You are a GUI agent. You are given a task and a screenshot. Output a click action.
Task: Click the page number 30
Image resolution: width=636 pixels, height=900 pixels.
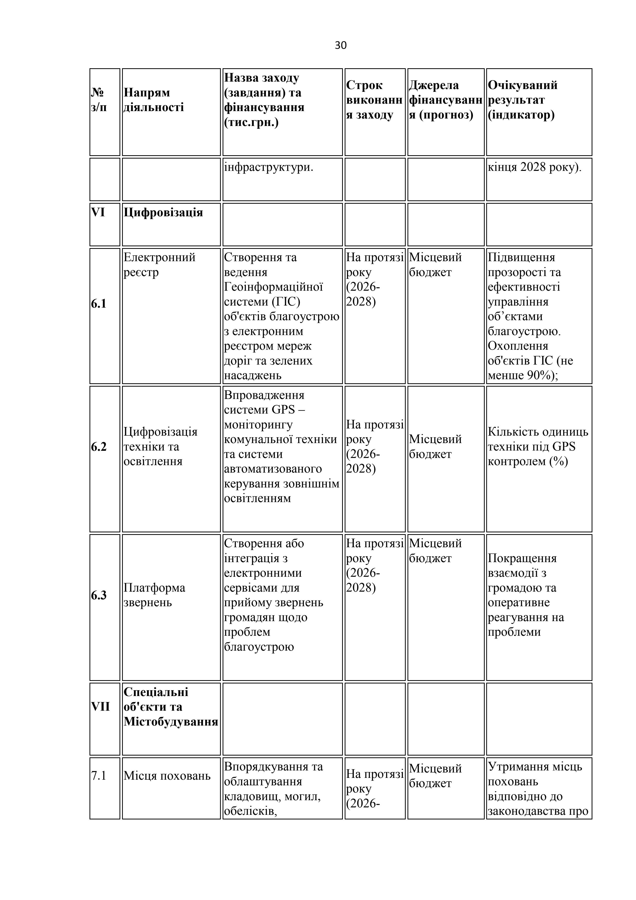click(341, 45)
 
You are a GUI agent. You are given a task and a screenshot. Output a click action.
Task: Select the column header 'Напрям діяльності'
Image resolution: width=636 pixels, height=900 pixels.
click(154, 100)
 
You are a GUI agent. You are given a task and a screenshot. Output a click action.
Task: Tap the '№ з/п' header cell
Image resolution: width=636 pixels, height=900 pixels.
click(99, 100)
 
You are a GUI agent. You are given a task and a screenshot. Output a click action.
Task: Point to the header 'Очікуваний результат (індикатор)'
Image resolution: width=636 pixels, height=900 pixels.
click(522, 100)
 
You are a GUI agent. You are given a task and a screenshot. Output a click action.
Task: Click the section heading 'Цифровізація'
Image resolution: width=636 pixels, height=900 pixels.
click(163, 212)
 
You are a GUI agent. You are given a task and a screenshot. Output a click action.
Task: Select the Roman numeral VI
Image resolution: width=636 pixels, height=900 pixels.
click(98, 212)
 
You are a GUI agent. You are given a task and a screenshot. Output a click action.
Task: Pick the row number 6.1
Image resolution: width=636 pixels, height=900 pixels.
click(99, 304)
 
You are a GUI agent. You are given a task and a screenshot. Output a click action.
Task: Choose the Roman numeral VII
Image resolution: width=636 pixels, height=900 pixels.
click(100, 707)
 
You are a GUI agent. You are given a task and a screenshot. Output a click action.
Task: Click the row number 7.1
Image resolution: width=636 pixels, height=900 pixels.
click(98, 775)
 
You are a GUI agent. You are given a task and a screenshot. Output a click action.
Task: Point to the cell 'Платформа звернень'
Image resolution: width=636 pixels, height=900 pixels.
click(154, 595)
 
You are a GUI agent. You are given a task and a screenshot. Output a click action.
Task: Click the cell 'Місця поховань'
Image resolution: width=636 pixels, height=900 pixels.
click(167, 775)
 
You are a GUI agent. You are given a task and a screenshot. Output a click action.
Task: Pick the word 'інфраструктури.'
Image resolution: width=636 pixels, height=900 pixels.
click(269, 167)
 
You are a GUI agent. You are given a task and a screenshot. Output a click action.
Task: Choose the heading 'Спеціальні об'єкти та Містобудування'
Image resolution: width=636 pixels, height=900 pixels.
click(171, 707)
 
